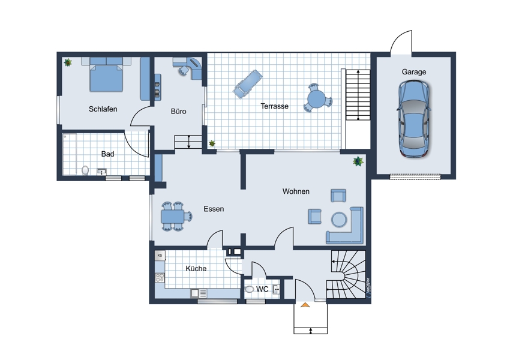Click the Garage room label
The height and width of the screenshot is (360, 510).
[x=414, y=72]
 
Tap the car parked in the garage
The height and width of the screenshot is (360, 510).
[x=414, y=119]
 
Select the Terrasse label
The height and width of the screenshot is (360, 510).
[x=275, y=106]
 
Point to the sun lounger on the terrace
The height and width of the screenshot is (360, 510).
[x=248, y=83]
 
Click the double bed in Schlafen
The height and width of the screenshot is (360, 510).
[x=106, y=74]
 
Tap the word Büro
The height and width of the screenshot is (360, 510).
[x=179, y=111]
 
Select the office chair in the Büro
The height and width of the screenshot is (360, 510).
[x=184, y=70]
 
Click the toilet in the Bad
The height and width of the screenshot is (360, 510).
[x=85, y=170]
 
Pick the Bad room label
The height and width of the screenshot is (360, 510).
[x=107, y=154]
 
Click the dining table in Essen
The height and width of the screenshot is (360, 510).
[x=172, y=216]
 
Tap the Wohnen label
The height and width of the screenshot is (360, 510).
[x=296, y=191]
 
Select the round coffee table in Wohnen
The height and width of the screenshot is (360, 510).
[x=339, y=219]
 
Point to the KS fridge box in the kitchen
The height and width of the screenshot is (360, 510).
[x=160, y=256]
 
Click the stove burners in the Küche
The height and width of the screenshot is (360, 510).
[x=160, y=277]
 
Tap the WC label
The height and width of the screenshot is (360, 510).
[x=262, y=289]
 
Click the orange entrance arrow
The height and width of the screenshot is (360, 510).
[x=305, y=305]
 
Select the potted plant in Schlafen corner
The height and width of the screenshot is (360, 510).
[x=68, y=62]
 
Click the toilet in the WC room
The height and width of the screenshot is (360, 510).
[x=249, y=289]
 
